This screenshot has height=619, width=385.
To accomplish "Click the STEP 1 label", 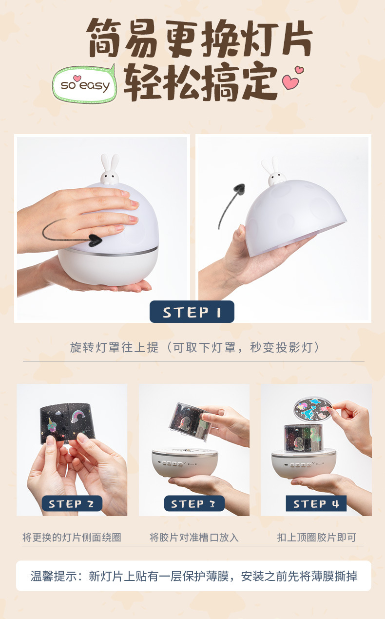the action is [x=192, y=312].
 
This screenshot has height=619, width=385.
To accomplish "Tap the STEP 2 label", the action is [x=72, y=503].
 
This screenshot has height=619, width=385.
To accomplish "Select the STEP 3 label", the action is [x=194, y=503].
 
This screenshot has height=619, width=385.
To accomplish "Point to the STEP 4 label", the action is [x=316, y=503].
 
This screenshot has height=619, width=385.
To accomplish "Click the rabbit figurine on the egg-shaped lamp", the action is [x=110, y=169].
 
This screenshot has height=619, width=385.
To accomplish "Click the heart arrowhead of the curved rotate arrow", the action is [x=95, y=240].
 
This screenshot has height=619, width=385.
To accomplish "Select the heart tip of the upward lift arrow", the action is [x=239, y=188].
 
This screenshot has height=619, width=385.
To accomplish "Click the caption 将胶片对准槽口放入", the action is [x=194, y=537].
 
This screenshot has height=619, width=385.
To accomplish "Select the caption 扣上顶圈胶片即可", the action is [x=316, y=537].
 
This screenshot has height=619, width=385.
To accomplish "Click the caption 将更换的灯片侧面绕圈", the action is [x=72, y=537].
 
